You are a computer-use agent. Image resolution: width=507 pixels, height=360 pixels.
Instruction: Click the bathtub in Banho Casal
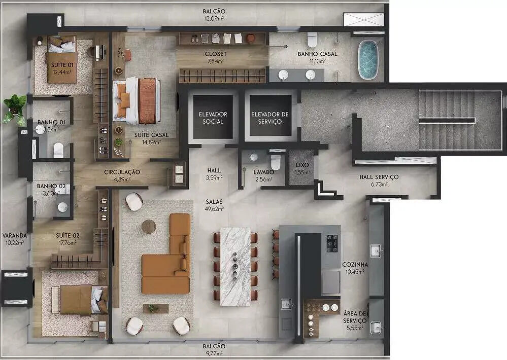click(368, 60)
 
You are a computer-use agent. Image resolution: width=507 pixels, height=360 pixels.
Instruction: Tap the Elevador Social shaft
click(213, 117)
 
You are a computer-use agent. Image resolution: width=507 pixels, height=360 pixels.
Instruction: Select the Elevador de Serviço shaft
click(271, 117)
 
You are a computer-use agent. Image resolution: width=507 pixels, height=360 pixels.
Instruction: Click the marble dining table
click(235, 267)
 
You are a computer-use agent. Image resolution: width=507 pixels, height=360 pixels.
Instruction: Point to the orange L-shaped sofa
click(168, 259)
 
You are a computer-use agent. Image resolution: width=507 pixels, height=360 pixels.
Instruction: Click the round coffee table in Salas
click(149, 227)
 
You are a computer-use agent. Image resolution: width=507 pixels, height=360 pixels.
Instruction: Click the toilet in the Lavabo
click(276, 162)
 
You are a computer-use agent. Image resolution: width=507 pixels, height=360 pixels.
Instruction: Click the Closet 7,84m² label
click(216, 57)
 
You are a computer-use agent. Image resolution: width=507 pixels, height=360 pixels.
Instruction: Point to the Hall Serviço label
click(379, 181)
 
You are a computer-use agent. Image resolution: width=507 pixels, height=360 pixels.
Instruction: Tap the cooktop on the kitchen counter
click(332, 243)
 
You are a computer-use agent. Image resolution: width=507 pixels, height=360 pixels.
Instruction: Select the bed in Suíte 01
click(62, 59)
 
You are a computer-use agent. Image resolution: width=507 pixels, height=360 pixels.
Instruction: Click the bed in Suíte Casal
click(137, 100)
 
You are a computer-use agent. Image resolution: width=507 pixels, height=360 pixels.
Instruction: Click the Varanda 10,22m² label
click(15, 239)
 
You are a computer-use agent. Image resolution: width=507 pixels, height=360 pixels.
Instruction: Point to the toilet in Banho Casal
click(312, 40)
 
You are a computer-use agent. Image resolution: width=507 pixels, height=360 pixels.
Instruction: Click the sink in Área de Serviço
click(376, 327)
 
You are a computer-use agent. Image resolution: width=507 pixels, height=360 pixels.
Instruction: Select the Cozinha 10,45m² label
click(355, 268)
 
